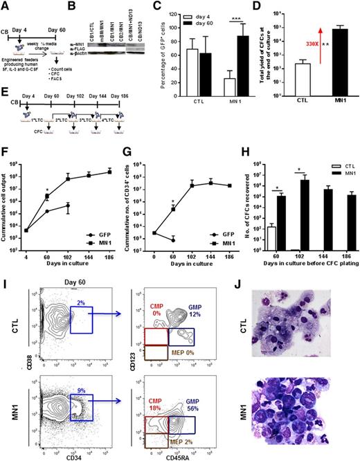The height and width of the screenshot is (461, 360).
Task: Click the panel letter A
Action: click(6, 6)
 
